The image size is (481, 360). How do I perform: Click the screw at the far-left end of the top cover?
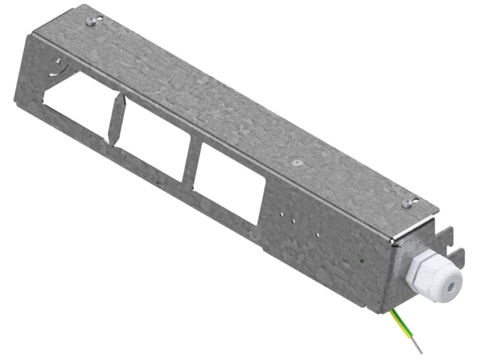(x=91, y=22)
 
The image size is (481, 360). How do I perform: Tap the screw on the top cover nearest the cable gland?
(x=408, y=203)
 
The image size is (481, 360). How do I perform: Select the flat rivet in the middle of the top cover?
(x=295, y=162)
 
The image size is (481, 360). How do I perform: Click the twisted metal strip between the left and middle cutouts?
(x=115, y=119)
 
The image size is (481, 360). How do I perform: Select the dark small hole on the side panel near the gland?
(x=362, y=261)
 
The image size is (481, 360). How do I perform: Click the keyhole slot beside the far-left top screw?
(x=99, y=19)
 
